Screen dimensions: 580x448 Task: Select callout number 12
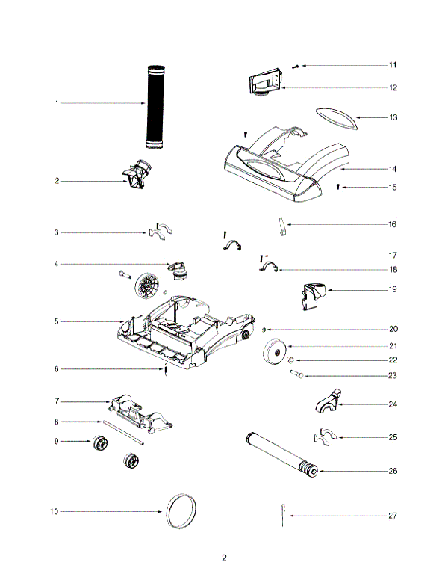393,87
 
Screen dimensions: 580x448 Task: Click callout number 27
393,516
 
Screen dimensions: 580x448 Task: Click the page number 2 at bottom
224,558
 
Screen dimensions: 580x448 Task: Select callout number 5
56,321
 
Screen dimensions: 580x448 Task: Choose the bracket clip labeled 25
323,436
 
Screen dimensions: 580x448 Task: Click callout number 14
393,169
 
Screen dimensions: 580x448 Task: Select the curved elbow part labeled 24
326,401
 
